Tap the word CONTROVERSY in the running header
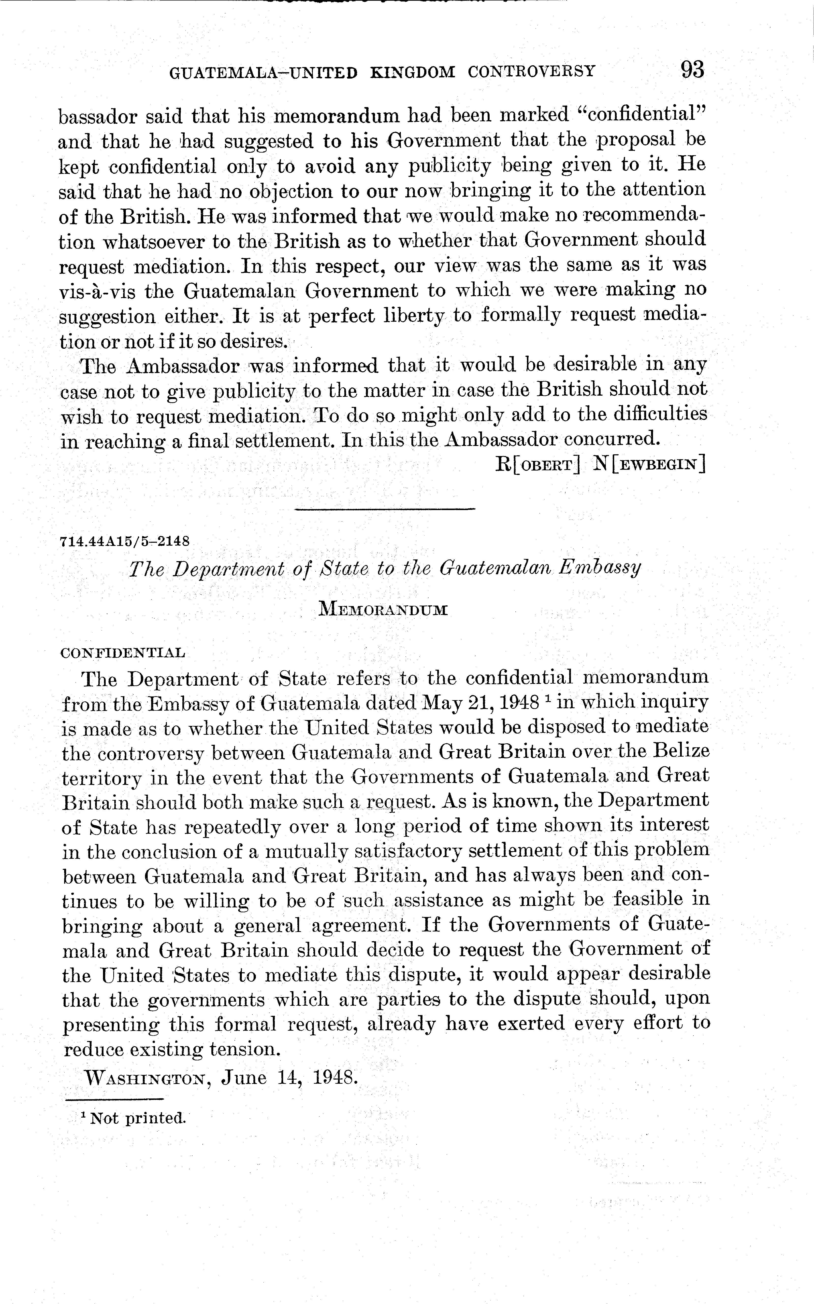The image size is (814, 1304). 531,71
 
